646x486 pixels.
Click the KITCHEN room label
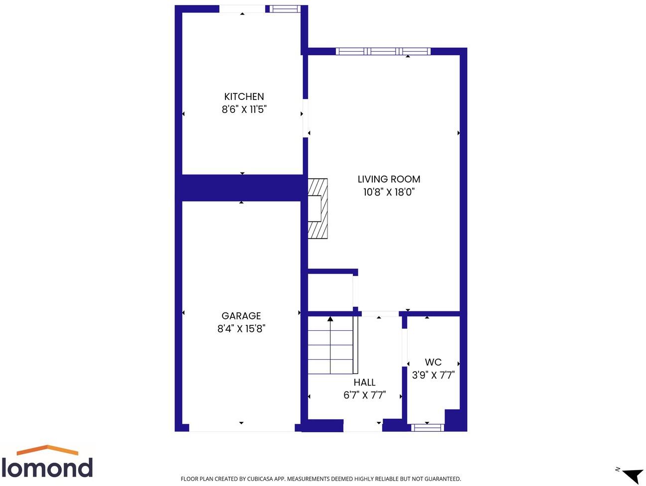click(244, 97)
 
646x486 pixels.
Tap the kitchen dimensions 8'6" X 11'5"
click(244, 109)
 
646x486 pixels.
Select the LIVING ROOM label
click(389, 179)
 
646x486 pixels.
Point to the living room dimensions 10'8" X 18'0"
click(389, 192)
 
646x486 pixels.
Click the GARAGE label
click(241, 316)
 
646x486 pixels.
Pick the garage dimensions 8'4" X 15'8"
click(241, 329)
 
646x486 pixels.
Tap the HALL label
click(364, 383)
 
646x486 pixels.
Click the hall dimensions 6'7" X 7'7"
click(364, 395)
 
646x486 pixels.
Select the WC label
click(433, 362)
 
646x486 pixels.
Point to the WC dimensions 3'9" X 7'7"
click(433, 375)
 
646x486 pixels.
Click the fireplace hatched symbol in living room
click(318, 208)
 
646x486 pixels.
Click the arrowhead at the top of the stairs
click(330, 319)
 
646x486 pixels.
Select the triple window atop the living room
click(383, 51)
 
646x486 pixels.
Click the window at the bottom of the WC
click(428, 427)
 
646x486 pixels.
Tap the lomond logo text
click(47, 468)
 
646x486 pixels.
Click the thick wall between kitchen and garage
click(242, 188)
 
